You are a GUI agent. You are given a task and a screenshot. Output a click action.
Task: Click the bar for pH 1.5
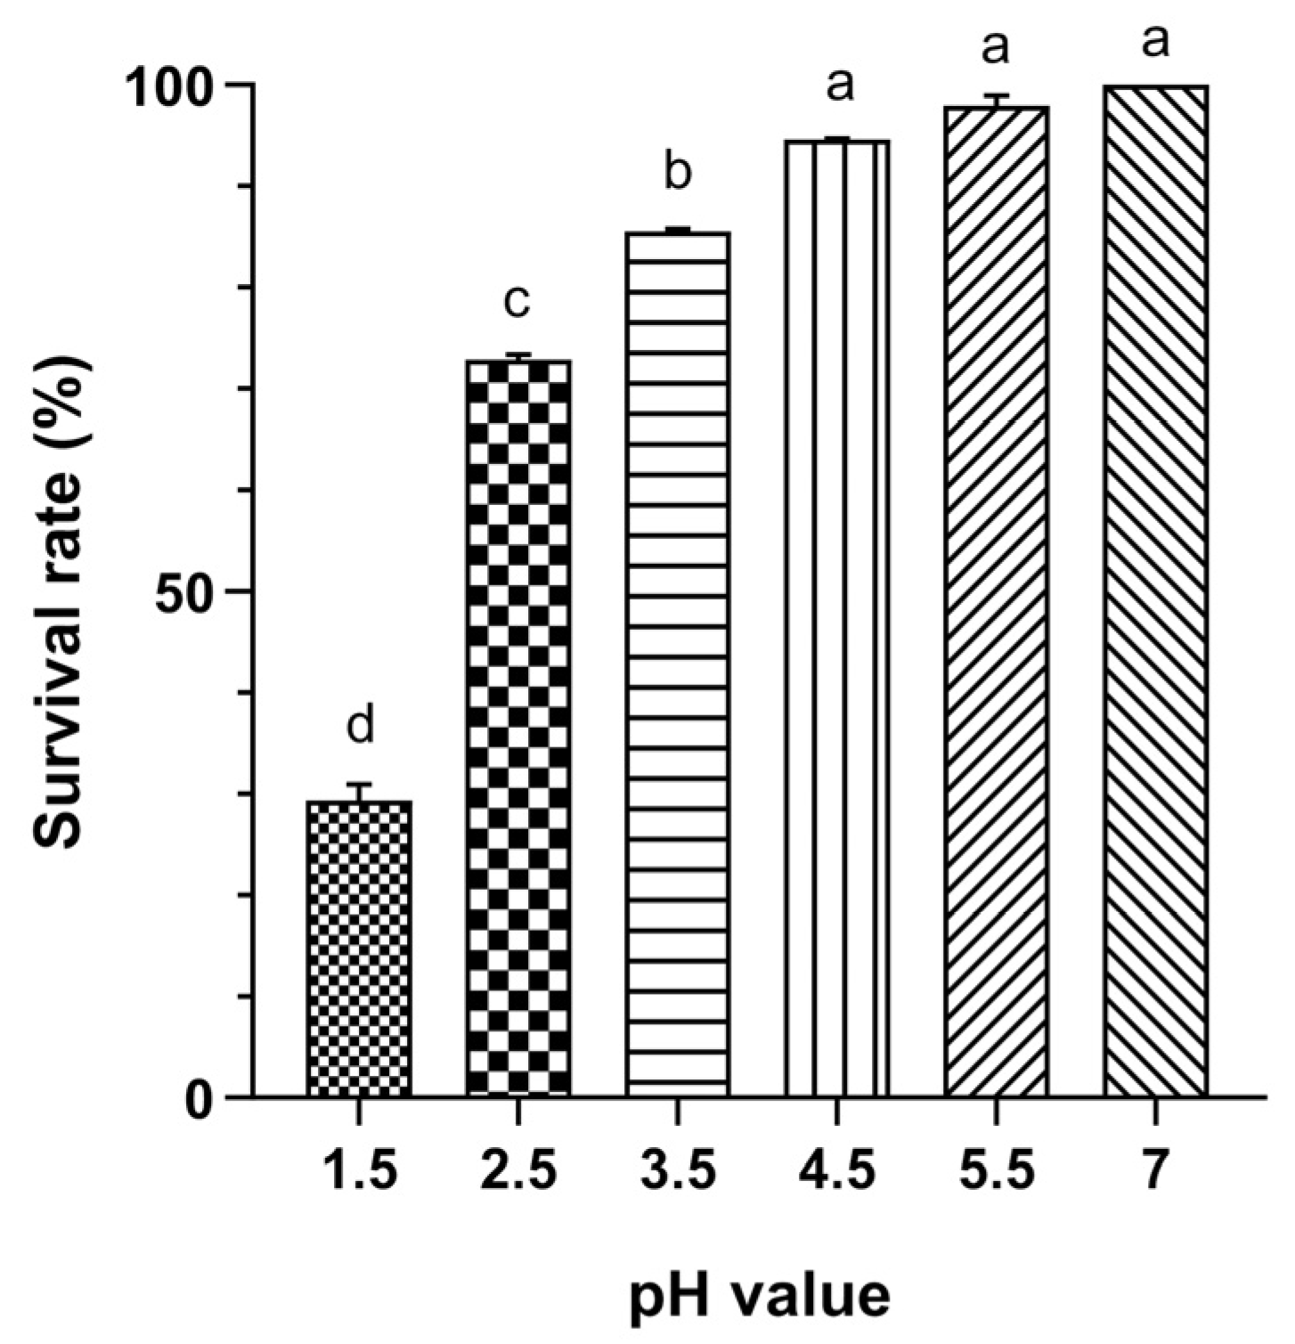(359, 948)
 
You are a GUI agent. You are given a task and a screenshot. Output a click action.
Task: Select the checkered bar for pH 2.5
(518, 727)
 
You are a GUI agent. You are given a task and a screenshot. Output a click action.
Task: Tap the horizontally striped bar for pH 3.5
(678, 664)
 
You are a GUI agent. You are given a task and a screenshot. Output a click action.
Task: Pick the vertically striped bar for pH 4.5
(837, 617)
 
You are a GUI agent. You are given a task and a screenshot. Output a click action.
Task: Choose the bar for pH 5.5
(995, 601)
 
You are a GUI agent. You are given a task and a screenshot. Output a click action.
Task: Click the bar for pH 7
(1155, 591)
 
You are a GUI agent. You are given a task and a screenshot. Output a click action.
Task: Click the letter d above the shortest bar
(360, 725)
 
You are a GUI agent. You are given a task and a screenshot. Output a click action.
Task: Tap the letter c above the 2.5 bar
(517, 301)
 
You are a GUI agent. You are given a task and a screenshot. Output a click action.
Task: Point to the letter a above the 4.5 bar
(838, 85)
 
